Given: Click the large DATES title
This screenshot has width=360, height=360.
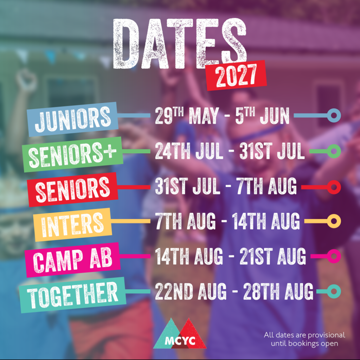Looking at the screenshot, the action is pos(179,44).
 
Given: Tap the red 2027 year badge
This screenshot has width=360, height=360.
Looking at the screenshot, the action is pos(236,76).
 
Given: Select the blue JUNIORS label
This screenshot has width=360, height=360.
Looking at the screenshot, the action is pos(72,119).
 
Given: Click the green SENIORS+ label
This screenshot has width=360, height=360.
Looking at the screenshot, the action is pos(73,154).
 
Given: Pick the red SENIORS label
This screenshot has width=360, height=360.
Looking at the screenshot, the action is pos(73,189).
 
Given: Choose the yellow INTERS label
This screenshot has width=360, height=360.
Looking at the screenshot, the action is pos(72,225).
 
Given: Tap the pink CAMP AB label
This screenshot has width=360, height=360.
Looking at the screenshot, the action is pos(73,260).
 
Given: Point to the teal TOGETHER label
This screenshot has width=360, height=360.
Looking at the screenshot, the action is pos(72,295).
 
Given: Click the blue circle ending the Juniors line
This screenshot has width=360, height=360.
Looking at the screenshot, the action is pos(334,115).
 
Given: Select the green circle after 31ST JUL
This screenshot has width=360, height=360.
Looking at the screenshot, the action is pos(334,151).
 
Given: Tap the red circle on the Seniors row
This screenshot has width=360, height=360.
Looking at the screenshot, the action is pos(334,187).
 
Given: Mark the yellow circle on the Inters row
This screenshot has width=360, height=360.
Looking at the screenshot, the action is pos(334,221).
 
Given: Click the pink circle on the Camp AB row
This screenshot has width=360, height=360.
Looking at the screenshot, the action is pos(334,256).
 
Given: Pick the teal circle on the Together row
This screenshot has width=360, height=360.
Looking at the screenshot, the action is pos(334,291).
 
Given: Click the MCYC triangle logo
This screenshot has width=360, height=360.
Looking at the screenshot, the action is pos(180,333).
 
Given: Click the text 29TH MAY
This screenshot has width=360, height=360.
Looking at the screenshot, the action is pos(187,115).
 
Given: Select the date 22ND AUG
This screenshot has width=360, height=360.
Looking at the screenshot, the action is pos(191,291).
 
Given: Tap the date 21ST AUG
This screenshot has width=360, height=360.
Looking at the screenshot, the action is pos(273,256).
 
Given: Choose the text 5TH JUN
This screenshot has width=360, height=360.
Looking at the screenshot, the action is pos(262,115).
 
